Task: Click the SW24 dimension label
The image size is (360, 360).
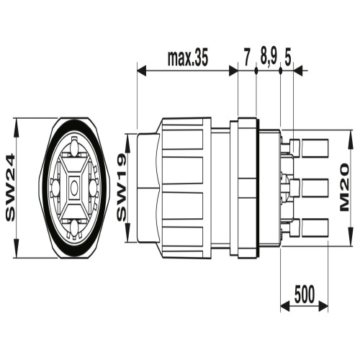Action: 10,188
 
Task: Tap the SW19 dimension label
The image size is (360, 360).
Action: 122,187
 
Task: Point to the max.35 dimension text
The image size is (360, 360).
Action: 187,58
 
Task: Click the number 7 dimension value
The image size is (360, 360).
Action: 247,58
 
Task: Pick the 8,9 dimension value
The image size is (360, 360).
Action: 269,58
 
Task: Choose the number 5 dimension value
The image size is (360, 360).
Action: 288,58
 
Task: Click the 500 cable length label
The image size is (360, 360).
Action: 305,294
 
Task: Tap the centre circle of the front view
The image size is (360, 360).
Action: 74,187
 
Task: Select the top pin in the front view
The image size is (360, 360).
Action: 74,148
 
